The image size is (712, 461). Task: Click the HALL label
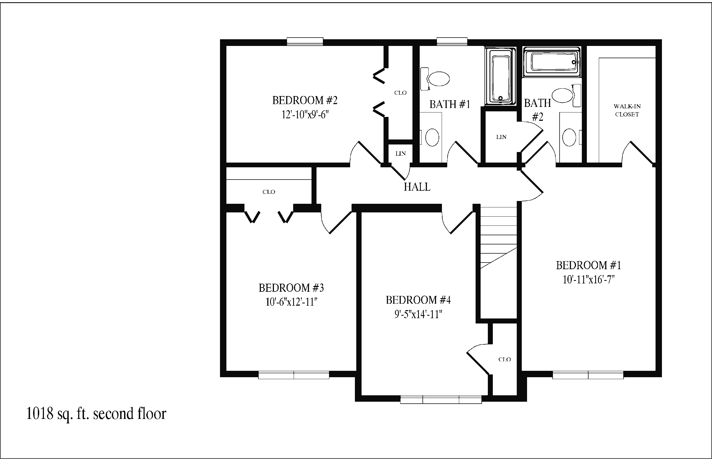(417, 187)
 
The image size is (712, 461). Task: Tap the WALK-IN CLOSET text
(627, 110)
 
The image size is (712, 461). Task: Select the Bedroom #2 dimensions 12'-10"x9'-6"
(305, 114)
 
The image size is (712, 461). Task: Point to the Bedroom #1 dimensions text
(589, 279)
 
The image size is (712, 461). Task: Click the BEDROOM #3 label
(291, 288)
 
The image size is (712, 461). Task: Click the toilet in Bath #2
(566, 95)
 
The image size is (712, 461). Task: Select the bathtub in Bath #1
(500, 76)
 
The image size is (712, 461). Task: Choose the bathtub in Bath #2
(552, 62)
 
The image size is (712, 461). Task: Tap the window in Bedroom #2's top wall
(305, 41)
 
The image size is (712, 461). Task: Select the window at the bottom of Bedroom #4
(441, 399)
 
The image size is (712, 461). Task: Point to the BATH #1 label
(450, 104)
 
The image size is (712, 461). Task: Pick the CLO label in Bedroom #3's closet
(269, 192)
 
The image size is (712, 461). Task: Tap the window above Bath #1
(452, 41)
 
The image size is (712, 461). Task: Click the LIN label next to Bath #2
(501, 137)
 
